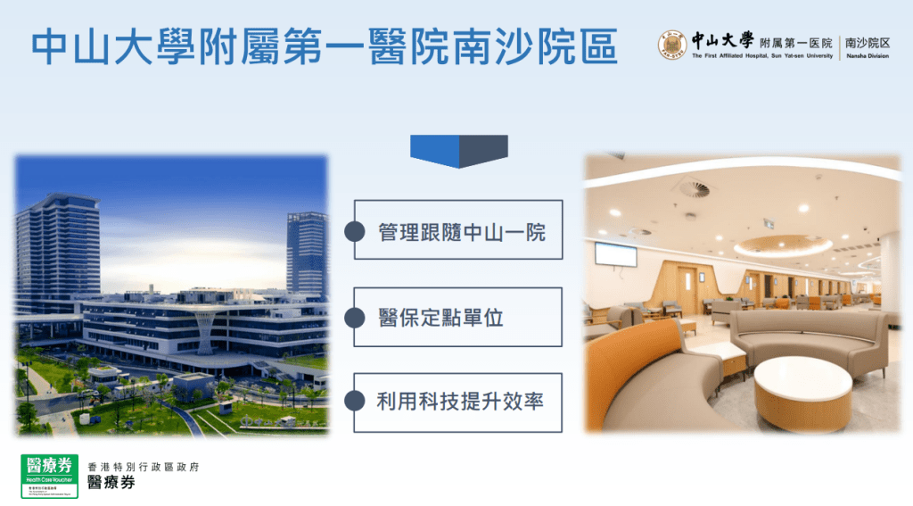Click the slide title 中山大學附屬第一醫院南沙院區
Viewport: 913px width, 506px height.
[325, 47]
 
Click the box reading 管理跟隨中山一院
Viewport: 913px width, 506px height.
[457, 230]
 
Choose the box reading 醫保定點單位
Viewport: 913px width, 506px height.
[457, 317]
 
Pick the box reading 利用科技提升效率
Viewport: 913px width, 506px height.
[457, 402]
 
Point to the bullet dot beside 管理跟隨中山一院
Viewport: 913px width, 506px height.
[356, 231]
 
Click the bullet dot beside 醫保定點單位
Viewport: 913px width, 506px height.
[356, 317]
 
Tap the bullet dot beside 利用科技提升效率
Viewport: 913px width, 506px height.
[356, 402]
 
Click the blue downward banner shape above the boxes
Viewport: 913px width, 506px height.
[458, 150]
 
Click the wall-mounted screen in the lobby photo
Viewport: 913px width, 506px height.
[616, 254]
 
